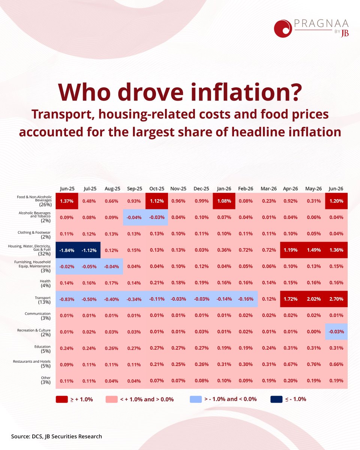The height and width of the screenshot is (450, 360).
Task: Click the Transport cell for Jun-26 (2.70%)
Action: pyautogui.click(x=336, y=299)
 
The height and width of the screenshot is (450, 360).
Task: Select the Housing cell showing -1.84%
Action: pyautogui.click(x=67, y=250)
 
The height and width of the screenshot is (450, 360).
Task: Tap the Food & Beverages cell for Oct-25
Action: pyautogui.click(x=157, y=201)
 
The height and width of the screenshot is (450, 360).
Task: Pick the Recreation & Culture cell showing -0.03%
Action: pyautogui.click(x=336, y=331)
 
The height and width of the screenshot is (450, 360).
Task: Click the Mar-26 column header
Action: pyautogui.click(x=268, y=189)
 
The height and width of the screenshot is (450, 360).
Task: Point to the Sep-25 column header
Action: pyautogui.click(x=135, y=189)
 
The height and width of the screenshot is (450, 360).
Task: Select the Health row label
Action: pyautogui.click(x=45, y=283)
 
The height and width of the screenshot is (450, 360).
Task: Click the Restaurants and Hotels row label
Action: pyautogui.click(x=32, y=364)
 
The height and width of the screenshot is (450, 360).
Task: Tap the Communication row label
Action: pyautogui.click(x=37, y=316)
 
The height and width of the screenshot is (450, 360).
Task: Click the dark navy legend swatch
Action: pyautogui.click(x=276, y=399)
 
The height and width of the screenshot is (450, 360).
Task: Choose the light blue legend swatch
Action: pyautogui.click(x=196, y=399)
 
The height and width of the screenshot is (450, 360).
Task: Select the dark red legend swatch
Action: pyautogui.click(x=62, y=399)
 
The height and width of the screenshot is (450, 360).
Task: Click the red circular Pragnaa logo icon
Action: pyautogui.click(x=283, y=28)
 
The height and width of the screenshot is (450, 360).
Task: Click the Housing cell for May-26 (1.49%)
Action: pyautogui.click(x=314, y=250)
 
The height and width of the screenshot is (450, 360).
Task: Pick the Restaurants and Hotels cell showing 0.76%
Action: pyautogui.click(x=314, y=364)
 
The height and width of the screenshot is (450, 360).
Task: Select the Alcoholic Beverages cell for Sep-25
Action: pyautogui.click(x=134, y=217)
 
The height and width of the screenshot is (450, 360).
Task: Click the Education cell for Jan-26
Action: pyautogui.click(x=224, y=348)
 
